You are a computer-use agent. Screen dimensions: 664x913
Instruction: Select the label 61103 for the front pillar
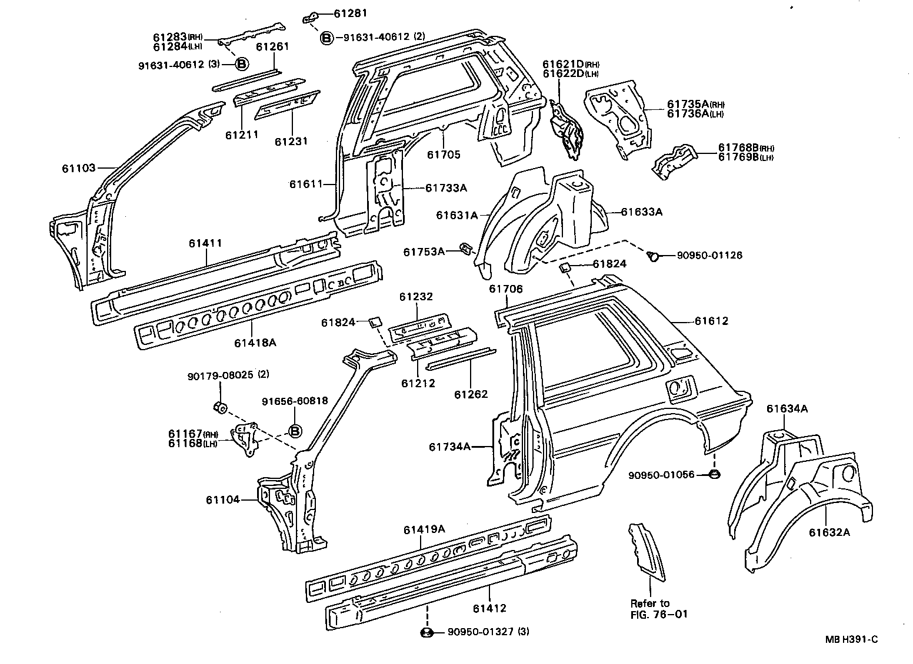tap(78, 169)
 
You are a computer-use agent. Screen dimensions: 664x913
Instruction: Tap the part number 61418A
tap(255, 342)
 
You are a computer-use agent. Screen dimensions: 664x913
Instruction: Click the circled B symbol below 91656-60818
tap(295, 432)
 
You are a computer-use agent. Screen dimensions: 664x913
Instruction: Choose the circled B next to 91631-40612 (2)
tap(326, 38)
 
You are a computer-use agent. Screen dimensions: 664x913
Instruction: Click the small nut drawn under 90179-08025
tap(219, 407)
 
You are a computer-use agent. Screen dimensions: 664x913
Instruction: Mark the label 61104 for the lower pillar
tap(223, 500)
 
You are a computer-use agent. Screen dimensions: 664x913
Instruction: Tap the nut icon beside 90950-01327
tap(428, 632)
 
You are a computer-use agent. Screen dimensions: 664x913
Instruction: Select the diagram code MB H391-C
tap(851, 640)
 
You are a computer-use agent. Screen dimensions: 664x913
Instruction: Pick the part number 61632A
tap(829, 533)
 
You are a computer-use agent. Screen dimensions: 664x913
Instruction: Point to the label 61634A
tap(787, 408)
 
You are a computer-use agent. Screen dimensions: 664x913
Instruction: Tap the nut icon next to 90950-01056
tap(712, 474)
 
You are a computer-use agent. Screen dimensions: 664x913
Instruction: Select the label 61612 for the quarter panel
tap(711, 321)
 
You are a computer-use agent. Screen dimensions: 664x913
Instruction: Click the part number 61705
tap(444, 155)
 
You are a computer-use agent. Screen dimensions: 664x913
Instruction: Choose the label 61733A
tap(446, 188)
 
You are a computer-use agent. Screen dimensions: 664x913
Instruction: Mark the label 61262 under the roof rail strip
tap(471, 394)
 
